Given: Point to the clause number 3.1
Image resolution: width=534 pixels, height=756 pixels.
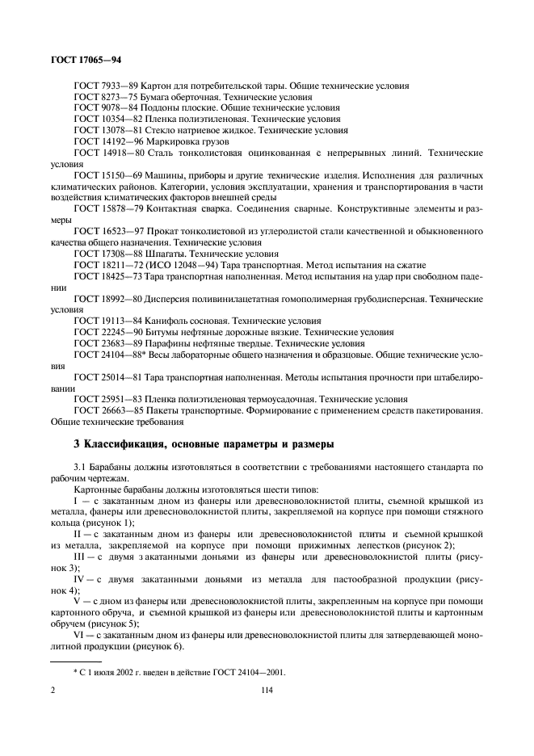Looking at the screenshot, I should tap(80, 467).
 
